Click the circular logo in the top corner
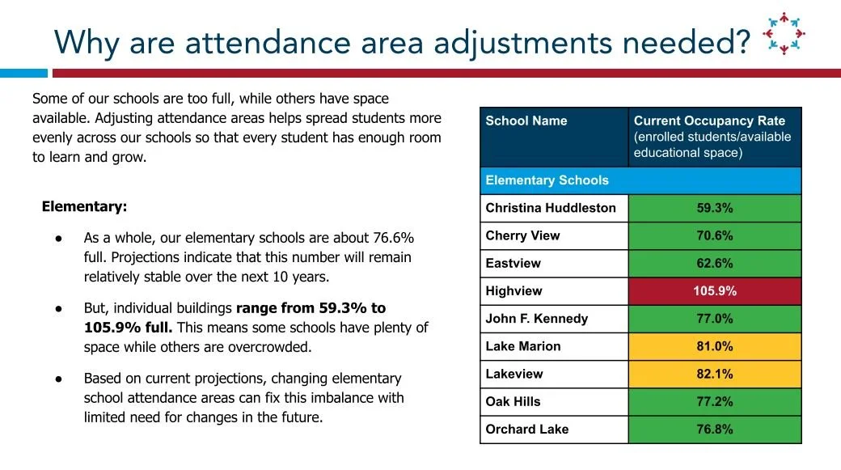[784, 33]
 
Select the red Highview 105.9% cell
[715, 291]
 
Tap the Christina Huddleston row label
[550, 208]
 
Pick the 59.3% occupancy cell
[715, 208]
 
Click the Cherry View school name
[522, 236]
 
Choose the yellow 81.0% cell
[715, 346]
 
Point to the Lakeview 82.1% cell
[715, 374]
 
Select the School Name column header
[526, 121]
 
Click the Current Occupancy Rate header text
[709, 121]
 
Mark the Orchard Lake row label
[526, 430]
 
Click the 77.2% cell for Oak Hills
[715, 401]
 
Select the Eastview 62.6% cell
[715, 263]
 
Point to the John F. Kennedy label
[536, 319]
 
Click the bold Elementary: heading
[84, 206]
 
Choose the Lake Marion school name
[522, 346]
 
